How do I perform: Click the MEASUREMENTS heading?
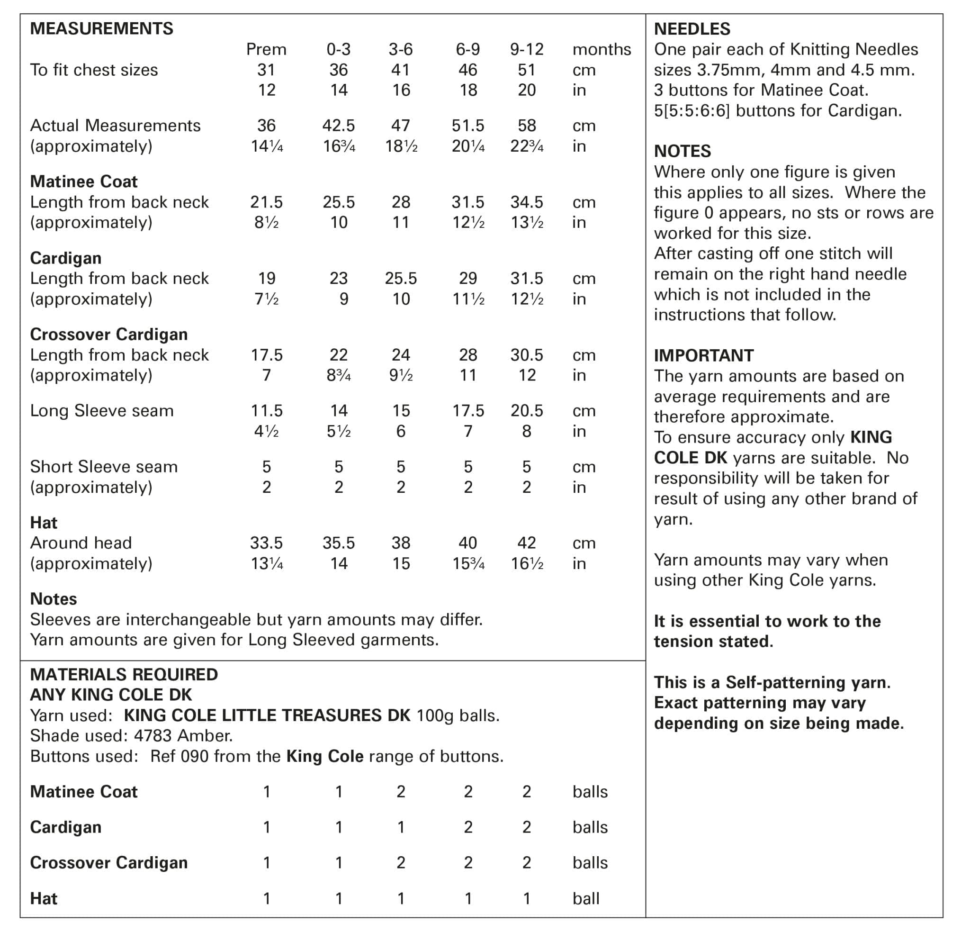[101, 29]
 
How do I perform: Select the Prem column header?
[266, 50]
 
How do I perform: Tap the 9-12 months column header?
[527, 50]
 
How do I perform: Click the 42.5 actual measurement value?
[339, 126]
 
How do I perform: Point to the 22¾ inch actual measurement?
[527, 146]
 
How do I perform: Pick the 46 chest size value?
[467, 70]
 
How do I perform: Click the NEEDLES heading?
[692, 29]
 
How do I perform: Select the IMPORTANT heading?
[704, 355]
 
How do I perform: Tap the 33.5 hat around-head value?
[266, 543]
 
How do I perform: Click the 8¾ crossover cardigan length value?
[339, 375]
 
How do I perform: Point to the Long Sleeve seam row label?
[101, 411]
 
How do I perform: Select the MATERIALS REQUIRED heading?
[124, 675]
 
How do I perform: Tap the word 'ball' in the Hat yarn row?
[586, 898]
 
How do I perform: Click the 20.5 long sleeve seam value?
[527, 411]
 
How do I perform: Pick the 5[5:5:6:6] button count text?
[692, 111]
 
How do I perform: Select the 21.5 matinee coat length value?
[266, 202]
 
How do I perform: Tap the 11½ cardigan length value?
[467, 299]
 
